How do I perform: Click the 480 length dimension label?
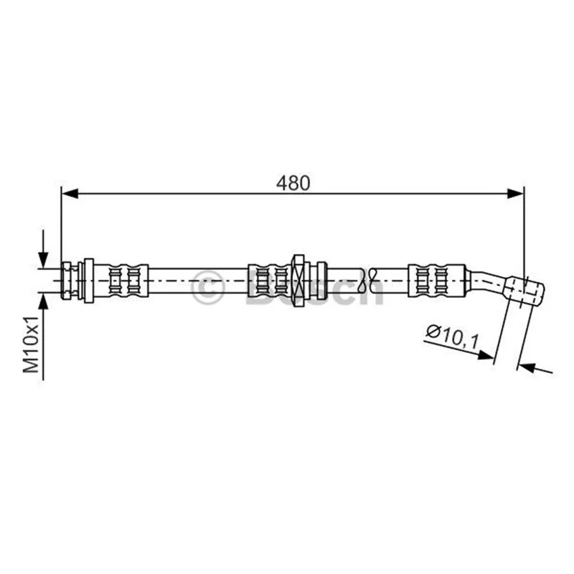(x=293, y=183)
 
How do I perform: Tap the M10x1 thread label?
(x=31, y=344)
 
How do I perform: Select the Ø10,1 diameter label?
(x=453, y=337)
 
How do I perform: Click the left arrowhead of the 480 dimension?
(x=70, y=194)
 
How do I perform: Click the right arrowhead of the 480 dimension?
(x=515, y=194)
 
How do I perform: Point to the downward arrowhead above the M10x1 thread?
(x=43, y=260)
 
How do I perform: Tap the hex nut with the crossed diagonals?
(x=298, y=281)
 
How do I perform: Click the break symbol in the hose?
(x=367, y=281)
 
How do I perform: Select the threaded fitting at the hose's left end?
(x=70, y=281)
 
